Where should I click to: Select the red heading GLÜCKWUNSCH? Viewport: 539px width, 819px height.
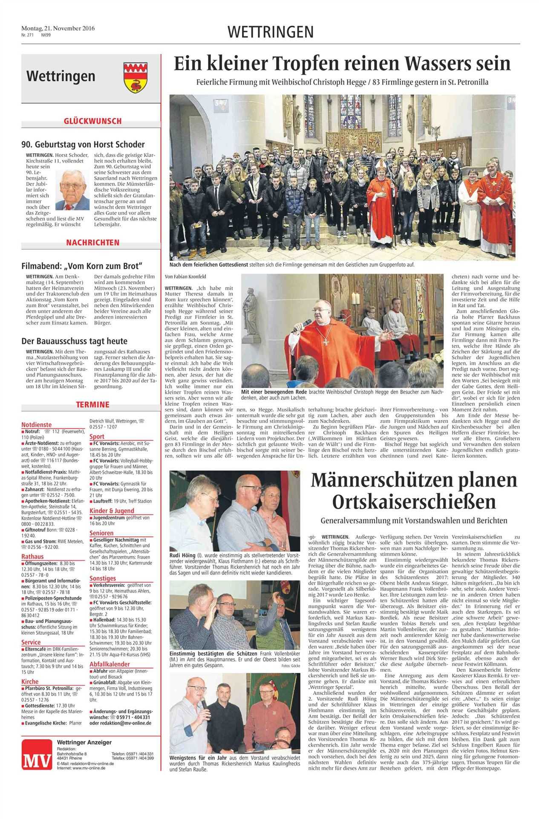[x=92, y=121]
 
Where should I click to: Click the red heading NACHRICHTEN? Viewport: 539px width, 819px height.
[x=92, y=243]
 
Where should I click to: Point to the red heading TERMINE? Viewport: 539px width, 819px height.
[x=92, y=404]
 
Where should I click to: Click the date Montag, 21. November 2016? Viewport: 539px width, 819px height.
[x=58, y=29]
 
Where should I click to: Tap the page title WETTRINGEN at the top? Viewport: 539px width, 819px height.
[x=271, y=32]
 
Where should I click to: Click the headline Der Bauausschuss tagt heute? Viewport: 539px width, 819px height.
[x=74, y=341]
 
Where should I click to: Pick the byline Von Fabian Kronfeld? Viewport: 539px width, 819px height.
[x=183, y=277]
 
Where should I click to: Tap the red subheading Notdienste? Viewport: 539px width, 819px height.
[x=37, y=425]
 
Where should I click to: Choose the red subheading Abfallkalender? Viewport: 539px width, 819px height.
[x=110, y=664]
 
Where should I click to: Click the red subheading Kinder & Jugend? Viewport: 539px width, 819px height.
[x=112, y=511]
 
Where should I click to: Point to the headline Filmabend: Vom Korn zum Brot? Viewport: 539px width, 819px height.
[x=81, y=266]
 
